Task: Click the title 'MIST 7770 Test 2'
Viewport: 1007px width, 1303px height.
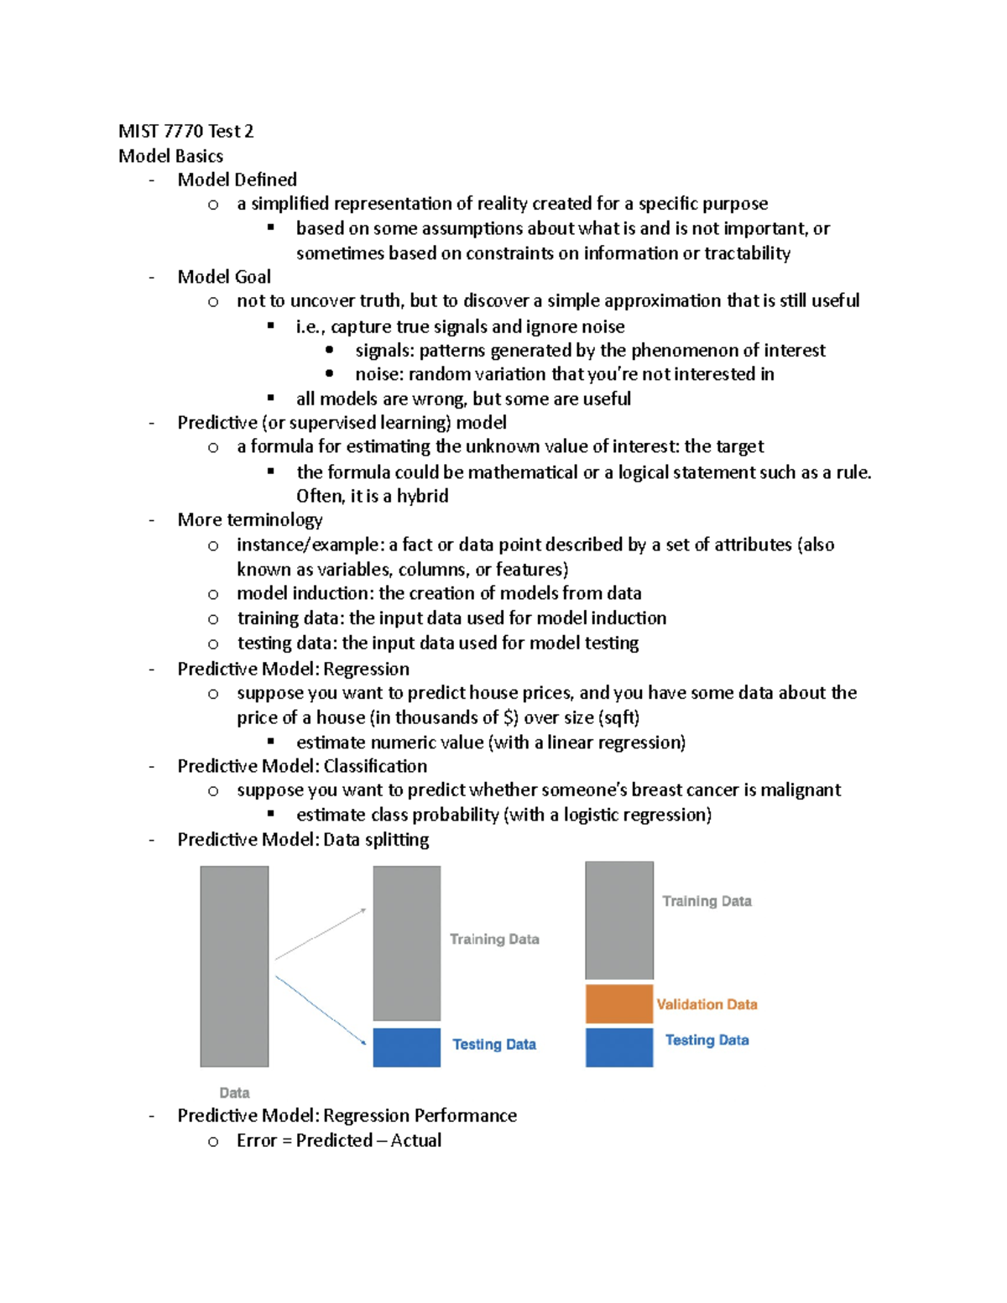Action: pos(185,131)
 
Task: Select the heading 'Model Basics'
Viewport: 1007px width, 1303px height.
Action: pos(170,156)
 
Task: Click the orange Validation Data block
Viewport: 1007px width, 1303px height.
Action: pos(618,1004)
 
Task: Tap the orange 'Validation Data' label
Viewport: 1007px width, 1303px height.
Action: pos(707,1004)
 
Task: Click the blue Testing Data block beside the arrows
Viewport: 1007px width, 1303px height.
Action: pos(406,1047)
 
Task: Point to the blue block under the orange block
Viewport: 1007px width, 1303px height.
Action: pos(618,1047)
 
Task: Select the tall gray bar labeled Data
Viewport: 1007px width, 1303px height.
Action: pos(234,966)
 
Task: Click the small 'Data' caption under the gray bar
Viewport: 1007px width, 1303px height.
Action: pos(234,1092)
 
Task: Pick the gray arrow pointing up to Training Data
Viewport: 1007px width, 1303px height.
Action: pos(321,933)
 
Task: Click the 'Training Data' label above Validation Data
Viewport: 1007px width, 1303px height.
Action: pos(707,901)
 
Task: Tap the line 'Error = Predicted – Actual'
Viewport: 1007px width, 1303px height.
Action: pos(338,1140)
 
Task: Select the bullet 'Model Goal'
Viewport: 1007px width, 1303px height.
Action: pos(224,277)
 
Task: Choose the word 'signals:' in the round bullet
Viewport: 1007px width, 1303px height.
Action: pos(384,350)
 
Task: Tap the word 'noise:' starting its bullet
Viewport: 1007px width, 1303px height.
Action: pos(378,374)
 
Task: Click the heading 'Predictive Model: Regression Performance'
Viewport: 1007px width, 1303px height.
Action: pos(347,1115)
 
